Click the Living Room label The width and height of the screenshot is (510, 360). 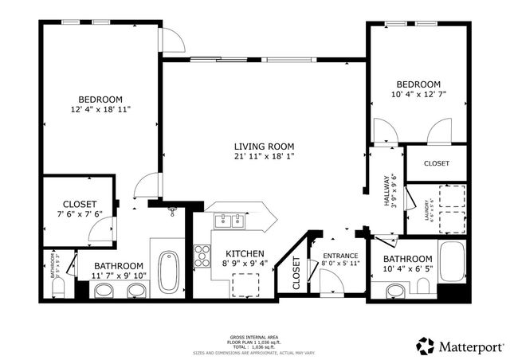(264, 147)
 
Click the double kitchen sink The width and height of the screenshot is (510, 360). (229, 221)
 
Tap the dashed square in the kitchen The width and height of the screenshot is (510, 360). (244, 284)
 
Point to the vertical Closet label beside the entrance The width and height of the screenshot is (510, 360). (296, 272)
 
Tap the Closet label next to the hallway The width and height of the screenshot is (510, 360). (436, 163)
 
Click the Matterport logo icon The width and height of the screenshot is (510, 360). (426, 346)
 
